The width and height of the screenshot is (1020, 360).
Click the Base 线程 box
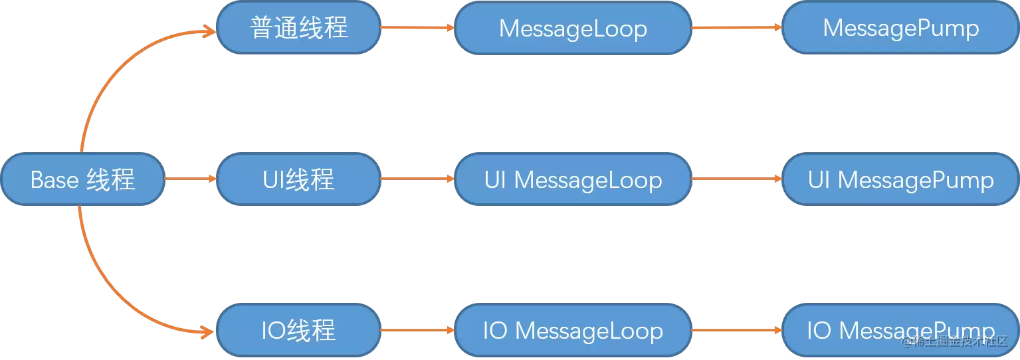[83, 179]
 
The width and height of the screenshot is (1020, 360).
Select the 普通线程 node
[299, 27]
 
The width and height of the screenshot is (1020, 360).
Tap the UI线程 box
[299, 179]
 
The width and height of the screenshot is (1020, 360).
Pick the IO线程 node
[299, 330]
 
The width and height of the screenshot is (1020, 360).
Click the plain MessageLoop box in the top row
[573, 28]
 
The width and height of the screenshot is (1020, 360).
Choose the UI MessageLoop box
[573, 179]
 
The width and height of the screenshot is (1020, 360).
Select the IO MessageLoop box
[573, 330]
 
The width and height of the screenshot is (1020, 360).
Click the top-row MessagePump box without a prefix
[900, 27]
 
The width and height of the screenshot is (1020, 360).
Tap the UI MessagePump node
[900, 179]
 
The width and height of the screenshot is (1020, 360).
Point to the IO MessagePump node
[900, 330]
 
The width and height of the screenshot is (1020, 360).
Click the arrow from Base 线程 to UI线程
[190, 179]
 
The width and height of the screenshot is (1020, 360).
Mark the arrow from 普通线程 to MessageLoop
[417, 27]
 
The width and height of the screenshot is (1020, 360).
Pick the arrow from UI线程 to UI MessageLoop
[417, 179]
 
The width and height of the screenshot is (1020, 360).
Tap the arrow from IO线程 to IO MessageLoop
[417, 330]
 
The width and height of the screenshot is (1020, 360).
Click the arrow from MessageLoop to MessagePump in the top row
[737, 27]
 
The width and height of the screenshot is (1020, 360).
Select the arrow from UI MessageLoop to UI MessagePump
[737, 179]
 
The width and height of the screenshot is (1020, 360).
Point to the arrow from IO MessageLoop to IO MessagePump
[737, 330]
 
